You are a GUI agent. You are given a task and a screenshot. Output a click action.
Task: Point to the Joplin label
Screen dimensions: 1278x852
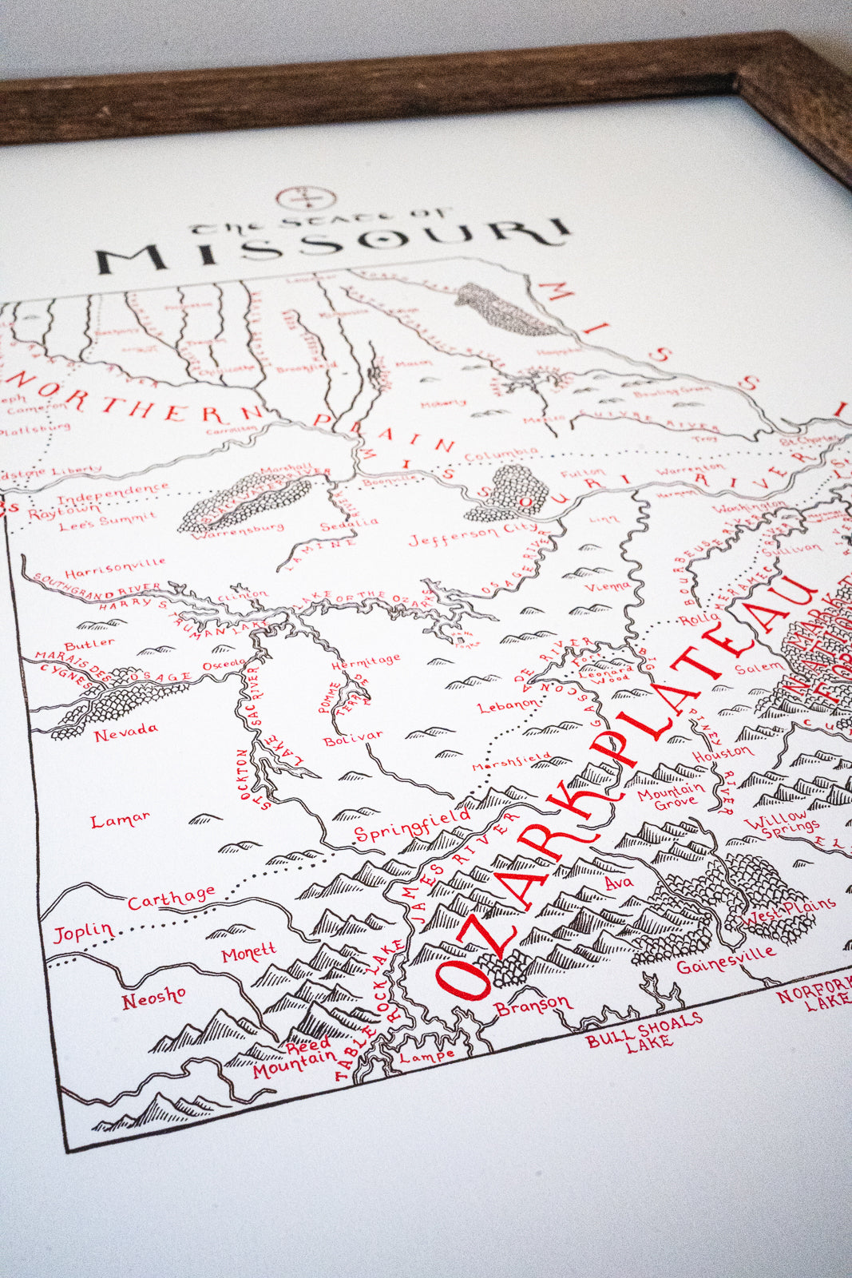click(x=83, y=931)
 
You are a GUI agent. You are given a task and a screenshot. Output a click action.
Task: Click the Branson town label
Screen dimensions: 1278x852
click(x=533, y=1004)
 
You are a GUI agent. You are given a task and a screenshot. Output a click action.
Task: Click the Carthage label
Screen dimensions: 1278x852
click(x=172, y=897)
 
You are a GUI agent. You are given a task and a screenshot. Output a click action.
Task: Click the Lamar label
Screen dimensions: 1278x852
click(x=120, y=820)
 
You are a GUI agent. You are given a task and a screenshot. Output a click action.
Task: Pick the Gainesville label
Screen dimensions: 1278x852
click(x=726, y=958)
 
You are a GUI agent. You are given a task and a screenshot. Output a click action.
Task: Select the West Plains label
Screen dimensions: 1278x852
click(x=788, y=911)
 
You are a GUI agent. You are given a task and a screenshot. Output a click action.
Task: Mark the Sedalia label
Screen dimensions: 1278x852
click(x=349, y=524)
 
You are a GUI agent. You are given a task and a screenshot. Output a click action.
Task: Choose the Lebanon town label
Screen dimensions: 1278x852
click(x=508, y=705)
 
